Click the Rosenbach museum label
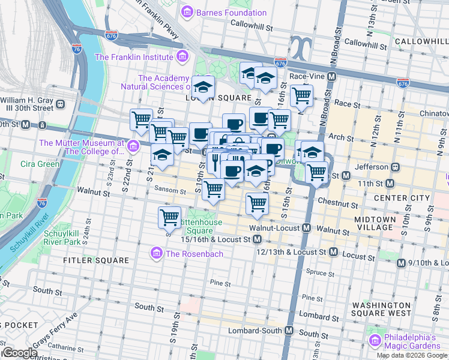pyautogui.click(x=194, y=254)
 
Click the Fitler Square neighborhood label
pyautogui.click(x=96, y=260)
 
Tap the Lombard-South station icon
pyautogui.click(x=289, y=331)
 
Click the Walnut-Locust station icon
pyautogui.click(x=306, y=228)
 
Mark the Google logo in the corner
pyautogui.click(x=19, y=353)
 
